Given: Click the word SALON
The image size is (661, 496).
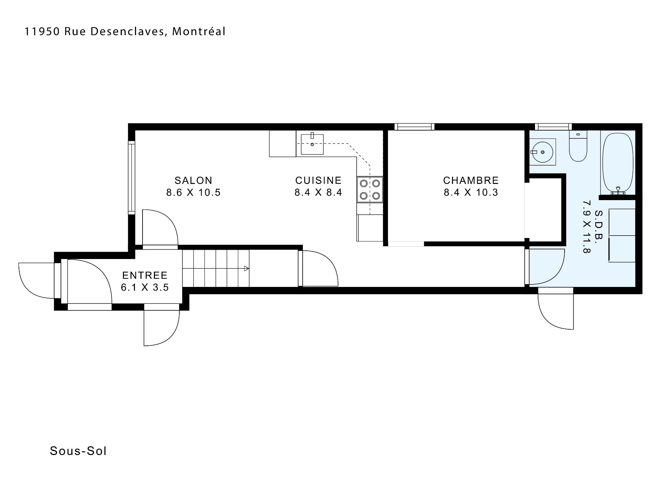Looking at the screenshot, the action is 193,180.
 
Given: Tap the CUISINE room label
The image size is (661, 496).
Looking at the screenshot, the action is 318,180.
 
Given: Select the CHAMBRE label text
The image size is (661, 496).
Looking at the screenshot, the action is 471,180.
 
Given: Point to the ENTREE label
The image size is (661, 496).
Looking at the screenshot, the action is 145,275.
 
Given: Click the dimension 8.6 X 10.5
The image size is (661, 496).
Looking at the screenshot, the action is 193,193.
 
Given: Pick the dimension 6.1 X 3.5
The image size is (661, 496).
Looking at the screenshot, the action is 145,287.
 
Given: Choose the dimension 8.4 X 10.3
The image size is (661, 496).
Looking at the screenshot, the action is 471,193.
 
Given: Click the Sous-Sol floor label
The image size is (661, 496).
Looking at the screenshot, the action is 78,451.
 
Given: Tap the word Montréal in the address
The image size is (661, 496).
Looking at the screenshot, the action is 199,31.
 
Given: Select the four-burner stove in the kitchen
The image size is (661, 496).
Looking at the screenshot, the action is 370,190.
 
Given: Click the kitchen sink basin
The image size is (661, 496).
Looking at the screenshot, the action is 312,144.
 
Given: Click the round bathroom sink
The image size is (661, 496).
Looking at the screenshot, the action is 542,152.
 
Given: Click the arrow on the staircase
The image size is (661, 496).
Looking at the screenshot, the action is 246,269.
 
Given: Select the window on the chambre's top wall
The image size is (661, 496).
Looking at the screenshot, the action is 415,127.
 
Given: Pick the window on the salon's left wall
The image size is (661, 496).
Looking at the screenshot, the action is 131,178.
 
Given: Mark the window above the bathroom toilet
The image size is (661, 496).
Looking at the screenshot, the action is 553,127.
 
